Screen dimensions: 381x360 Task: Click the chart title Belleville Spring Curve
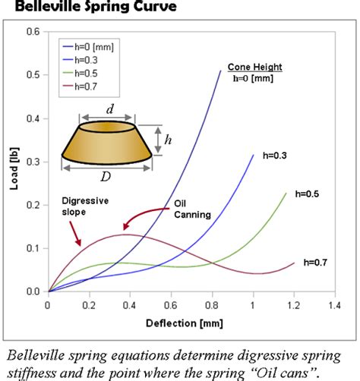coord(90,8)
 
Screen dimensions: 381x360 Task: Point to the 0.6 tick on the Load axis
coord(33,33)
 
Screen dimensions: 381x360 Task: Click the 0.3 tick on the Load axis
coord(33,162)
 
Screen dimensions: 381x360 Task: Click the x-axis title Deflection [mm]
coord(191,323)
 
